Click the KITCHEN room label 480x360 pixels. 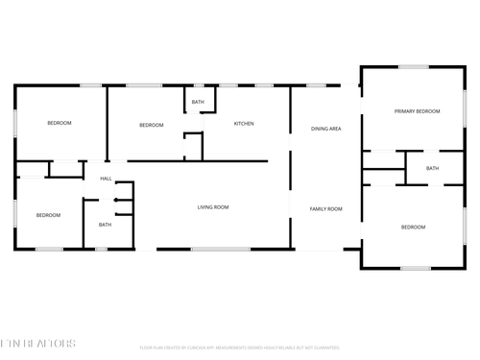point(244,123)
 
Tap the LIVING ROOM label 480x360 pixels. point(212,207)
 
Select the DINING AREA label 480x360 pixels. point(326,128)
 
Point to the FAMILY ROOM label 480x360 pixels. point(325,208)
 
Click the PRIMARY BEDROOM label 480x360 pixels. point(417,111)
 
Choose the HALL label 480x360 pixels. point(106,179)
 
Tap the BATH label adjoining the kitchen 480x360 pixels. point(198,102)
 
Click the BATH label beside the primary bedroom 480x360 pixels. point(432,168)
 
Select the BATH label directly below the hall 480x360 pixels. point(105,225)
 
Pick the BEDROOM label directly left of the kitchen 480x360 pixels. point(152,125)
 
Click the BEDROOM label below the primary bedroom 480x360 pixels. point(413,227)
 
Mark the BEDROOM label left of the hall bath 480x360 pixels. point(48,215)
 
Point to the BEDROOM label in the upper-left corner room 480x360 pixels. point(60,123)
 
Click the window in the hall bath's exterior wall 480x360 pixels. point(101,250)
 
